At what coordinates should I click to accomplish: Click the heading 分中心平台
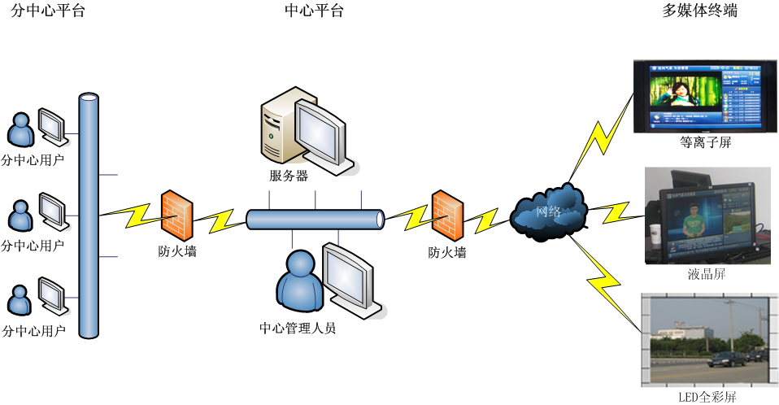click(x=48, y=11)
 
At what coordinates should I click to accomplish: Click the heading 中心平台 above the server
click(x=314, y=11)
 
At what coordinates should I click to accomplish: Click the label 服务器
click(x=289, y=176)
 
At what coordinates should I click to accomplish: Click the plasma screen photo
click(x=703, y=98)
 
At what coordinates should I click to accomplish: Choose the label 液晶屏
click(x=705, y=274)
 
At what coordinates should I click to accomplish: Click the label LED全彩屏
click(x=707, y=398)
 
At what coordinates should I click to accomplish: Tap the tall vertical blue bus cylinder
click(x=89, y=216)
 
